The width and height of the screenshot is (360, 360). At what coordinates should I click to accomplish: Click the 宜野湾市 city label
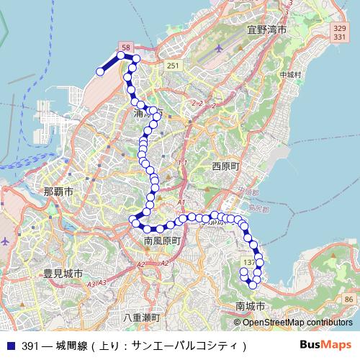266,30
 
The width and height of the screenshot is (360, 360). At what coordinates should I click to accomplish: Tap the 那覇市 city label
58,192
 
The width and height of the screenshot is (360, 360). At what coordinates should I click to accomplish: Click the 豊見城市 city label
63,274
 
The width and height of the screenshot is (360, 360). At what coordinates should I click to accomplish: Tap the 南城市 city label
251,307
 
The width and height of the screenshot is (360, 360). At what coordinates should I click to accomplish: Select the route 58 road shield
126,48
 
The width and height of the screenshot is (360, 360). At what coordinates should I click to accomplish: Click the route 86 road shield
348,298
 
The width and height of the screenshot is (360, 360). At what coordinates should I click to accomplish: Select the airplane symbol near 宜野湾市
219,49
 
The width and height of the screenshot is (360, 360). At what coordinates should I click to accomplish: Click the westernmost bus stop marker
100,71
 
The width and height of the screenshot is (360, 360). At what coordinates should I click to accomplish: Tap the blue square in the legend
10,346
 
